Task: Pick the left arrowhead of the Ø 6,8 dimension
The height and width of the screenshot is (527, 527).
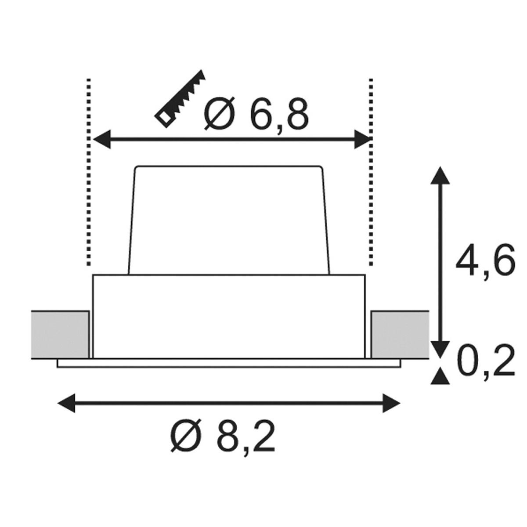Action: coord(102,140)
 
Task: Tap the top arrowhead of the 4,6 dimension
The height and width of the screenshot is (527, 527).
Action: coord(440,175)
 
